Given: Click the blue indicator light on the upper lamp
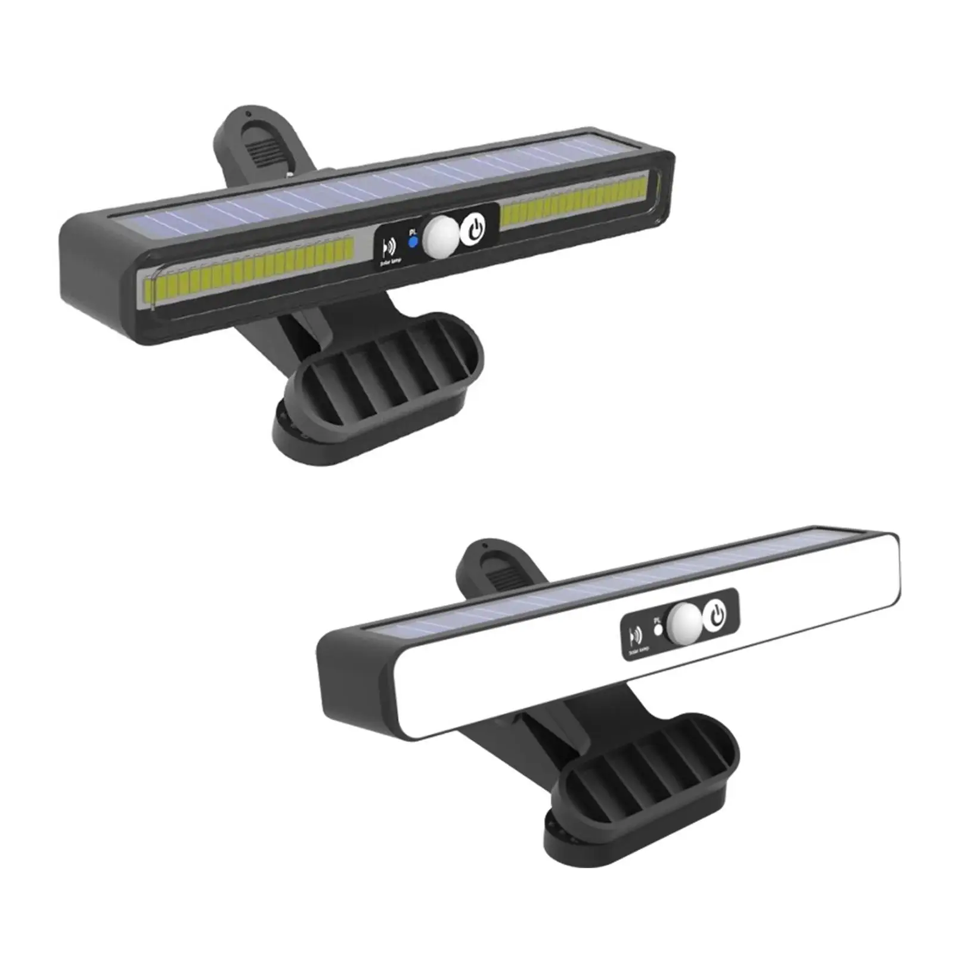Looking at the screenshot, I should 412,242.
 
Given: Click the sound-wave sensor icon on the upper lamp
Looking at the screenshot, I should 391,247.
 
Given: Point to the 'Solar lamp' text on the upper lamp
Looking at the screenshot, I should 391,261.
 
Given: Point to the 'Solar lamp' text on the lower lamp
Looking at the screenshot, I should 639,650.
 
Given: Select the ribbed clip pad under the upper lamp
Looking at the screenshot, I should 382,364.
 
